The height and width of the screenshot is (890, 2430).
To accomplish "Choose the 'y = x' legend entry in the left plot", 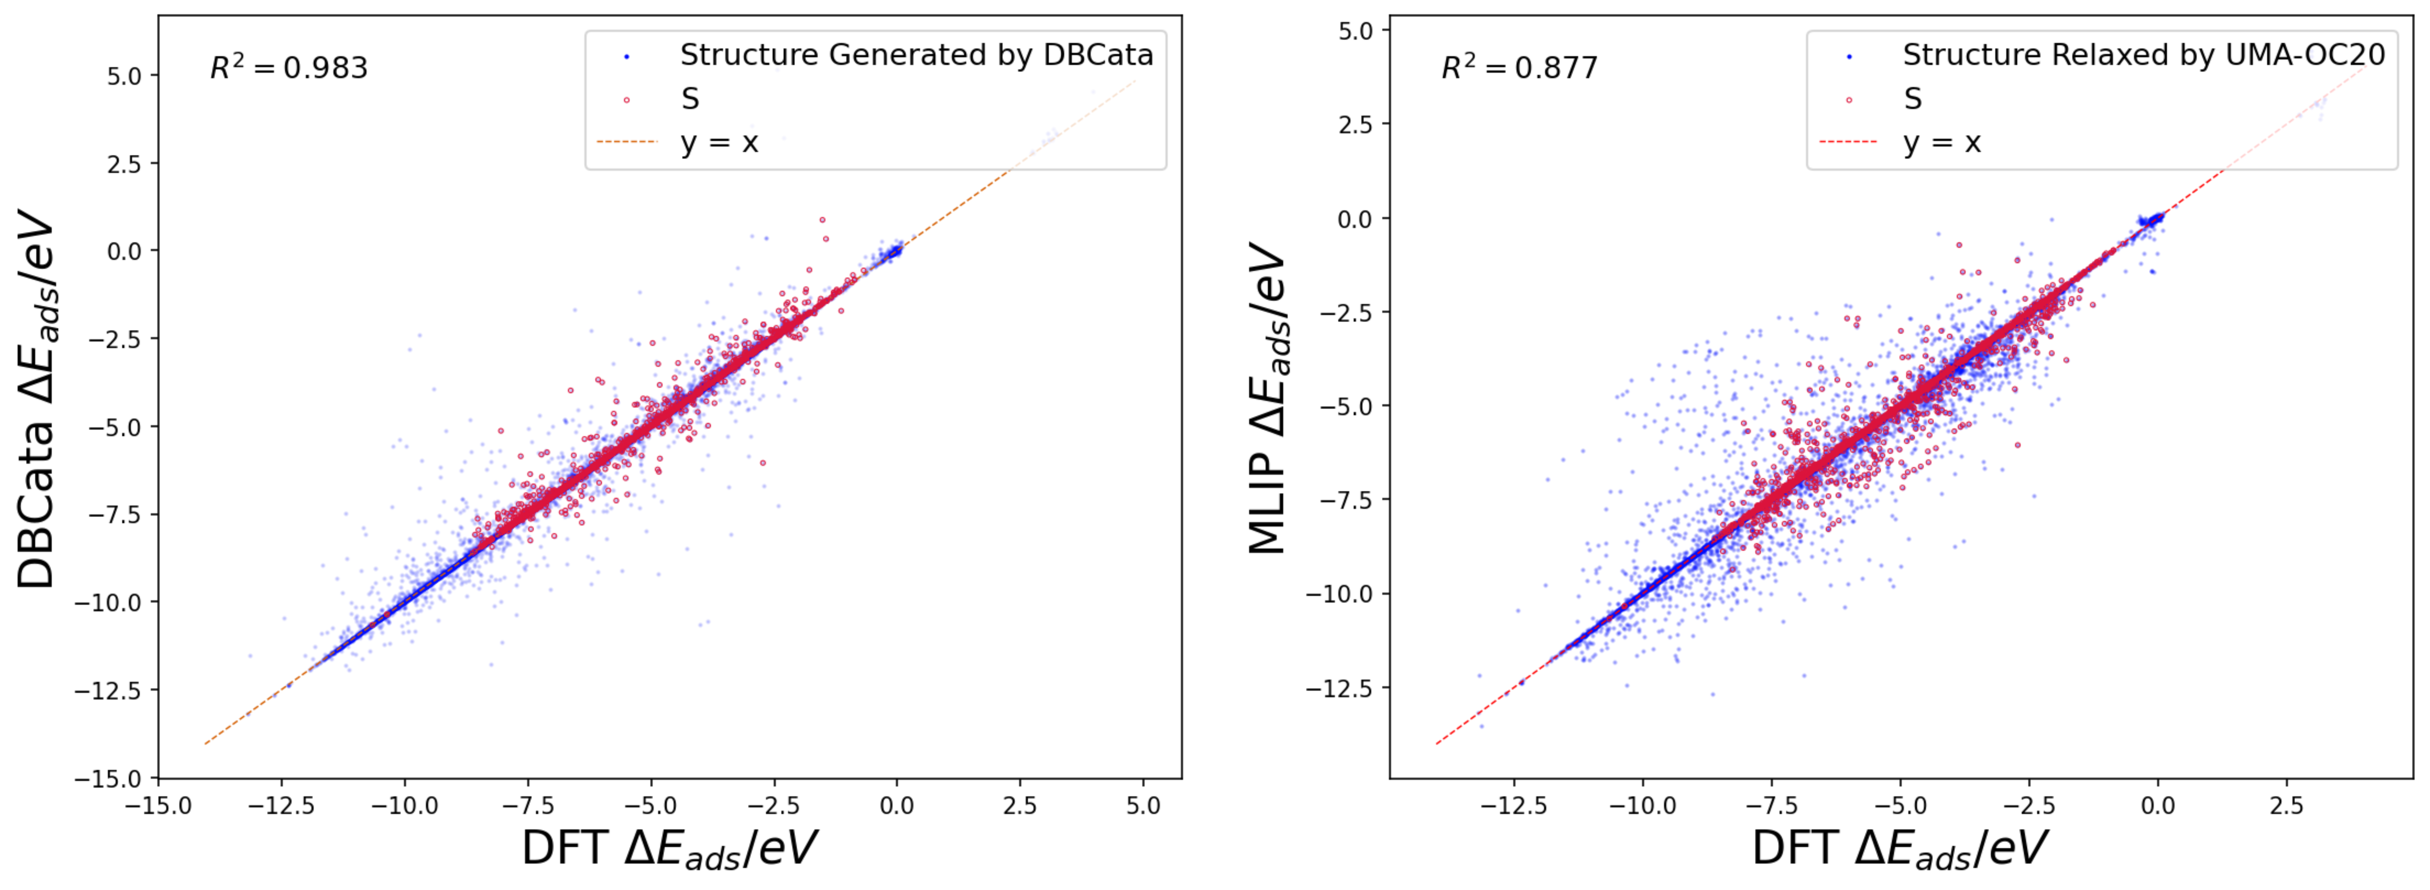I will tap(719, 143).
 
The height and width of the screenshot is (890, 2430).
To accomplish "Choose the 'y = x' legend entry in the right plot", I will tap(1941, 143).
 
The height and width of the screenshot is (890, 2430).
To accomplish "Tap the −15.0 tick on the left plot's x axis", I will tap(158, 806).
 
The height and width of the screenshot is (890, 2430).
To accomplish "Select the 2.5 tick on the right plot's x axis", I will tap(2286, 806).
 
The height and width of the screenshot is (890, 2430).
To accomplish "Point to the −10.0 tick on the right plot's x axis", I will tap(1642, 806).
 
